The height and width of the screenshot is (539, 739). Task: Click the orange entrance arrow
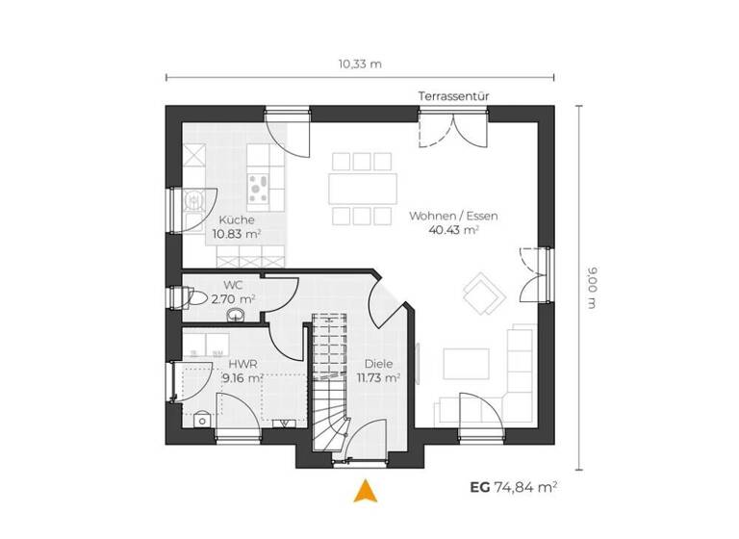(364, 491)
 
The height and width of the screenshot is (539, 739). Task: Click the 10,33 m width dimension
(360, 64)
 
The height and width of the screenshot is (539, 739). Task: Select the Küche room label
(236, 219)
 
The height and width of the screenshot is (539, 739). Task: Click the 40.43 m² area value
(457, 231)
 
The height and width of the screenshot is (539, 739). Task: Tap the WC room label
(233, 285)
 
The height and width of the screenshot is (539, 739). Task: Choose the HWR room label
(241, 365)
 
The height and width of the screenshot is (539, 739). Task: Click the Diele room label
(377, 365)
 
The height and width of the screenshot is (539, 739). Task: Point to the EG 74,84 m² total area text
(513, 488)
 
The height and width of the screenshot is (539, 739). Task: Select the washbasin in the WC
(234, 317)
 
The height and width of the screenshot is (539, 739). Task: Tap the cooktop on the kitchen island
(259, 186)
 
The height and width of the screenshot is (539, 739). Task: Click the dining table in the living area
(363, 185)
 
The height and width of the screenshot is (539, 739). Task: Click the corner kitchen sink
(195, 199)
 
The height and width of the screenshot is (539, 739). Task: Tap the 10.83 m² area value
(236, 233)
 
